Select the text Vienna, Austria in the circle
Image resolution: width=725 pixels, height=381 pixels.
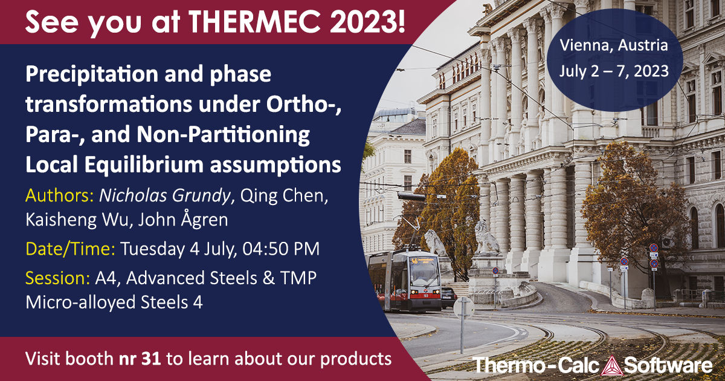point(614,45)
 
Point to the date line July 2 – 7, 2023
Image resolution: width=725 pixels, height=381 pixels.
point(614,71)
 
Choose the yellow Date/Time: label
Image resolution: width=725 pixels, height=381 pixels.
point(71,248)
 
